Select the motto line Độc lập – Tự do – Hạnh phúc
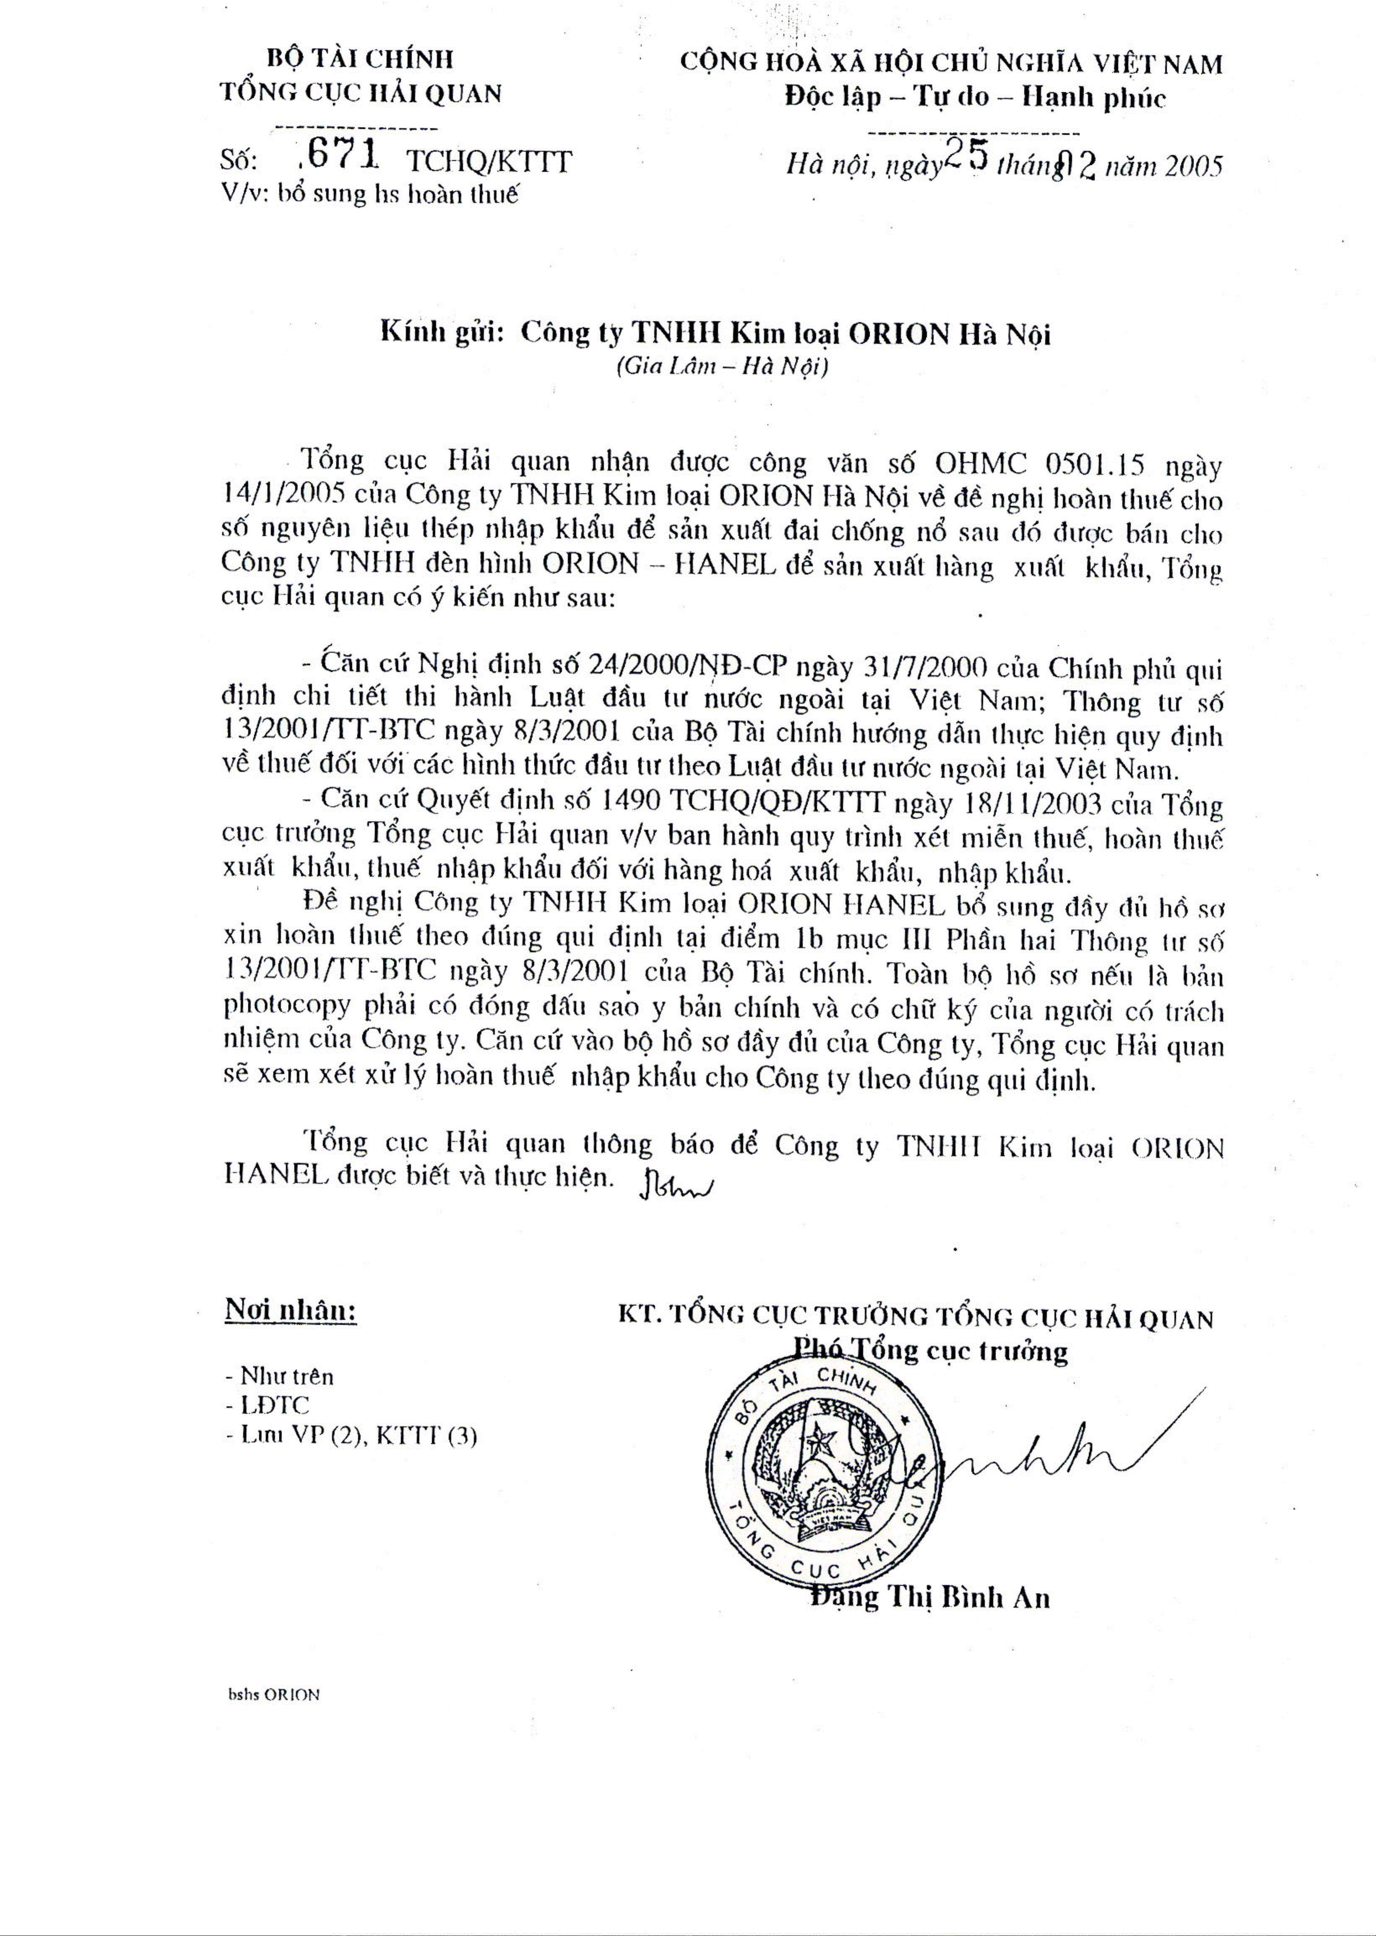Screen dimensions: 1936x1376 pyautogui.click(x=974, y=97)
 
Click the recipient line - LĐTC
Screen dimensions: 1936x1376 pyautogui.click(x=267, y=1404)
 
